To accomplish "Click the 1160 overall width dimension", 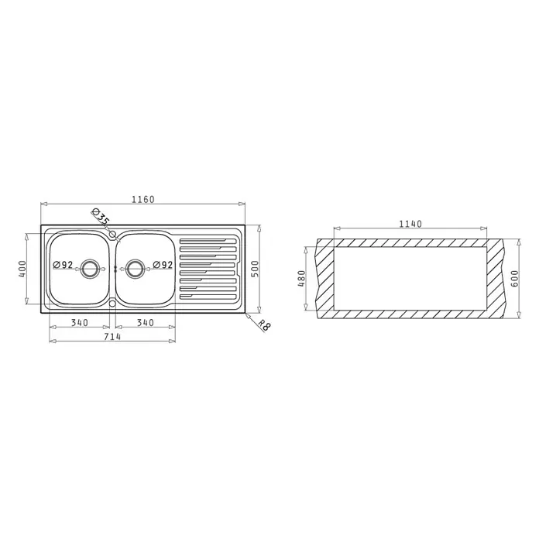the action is [143, 199].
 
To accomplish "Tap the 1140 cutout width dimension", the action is [410, 224].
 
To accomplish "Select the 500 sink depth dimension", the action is [255, 269].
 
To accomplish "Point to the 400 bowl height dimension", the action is [22, 269].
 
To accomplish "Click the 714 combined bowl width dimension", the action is [112, 337].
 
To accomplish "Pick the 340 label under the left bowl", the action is [80, 323].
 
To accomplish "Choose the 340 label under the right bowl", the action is [146, 323].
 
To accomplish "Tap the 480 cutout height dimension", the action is [301, 279].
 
